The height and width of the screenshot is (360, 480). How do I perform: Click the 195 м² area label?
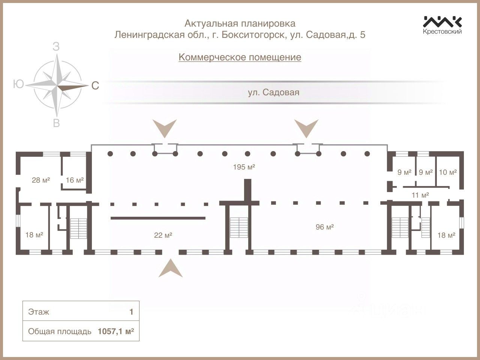tap(244, 167)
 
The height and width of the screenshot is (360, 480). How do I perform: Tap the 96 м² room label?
tap(325, 227)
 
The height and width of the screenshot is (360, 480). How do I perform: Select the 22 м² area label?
tap(163, 235)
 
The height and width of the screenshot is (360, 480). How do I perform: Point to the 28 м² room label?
tap(41, 180)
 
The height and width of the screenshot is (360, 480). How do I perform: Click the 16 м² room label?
tap(75, 180)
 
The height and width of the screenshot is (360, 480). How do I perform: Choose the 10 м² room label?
tap(448, 172)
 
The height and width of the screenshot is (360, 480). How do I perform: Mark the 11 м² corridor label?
tap(420, 195)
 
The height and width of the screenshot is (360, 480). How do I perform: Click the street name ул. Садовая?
tap(273, 92)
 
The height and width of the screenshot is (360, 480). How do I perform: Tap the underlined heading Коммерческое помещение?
tap(240, 57)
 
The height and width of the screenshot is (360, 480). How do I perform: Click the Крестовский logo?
tap(442, 25)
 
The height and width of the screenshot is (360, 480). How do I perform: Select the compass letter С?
tap(95, 86)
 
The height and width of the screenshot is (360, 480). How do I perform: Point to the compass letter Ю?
tap(18, 84)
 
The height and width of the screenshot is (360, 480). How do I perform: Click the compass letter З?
tap(56, 47)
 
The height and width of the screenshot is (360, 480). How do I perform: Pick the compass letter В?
tap(56, 123)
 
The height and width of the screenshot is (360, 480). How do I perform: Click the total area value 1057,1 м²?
tap(116, 331)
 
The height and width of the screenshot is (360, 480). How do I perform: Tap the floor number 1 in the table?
tap(131, 312)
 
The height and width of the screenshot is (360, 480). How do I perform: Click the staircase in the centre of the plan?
tap(237, 229)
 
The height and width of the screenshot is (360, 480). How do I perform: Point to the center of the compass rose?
tap(57, 86)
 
